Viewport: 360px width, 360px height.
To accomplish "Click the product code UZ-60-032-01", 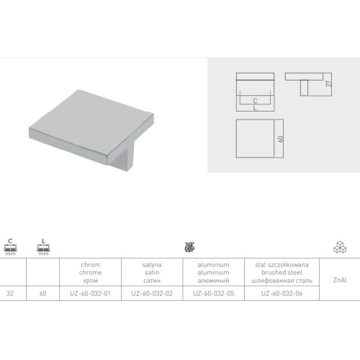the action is tap(91, 294).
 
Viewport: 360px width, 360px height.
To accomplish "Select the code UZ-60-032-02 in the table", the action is tap(152, 294).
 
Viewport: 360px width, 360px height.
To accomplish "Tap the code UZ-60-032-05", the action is tap(214, 294).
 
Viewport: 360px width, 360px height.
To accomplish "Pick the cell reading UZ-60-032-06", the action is tap(282, 294).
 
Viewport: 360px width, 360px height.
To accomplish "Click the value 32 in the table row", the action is tap(10, 294).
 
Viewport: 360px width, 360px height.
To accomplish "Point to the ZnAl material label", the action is tap(340, 280).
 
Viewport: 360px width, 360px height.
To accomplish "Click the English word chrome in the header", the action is tap(91, 273).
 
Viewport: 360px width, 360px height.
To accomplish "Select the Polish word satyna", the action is tap(152, 265).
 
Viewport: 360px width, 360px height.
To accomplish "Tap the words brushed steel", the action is tap(282, 273).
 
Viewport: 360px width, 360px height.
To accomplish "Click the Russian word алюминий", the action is tap(213, 281).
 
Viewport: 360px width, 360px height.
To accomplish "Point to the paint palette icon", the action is tap(189, 247).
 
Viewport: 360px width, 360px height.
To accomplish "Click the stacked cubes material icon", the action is tap(340, 246).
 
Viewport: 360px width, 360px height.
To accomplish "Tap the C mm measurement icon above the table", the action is tap(10, 247).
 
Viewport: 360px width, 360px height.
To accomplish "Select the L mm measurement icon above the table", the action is tap(43, 247).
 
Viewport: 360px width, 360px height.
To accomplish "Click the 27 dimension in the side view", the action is tap(330, 83).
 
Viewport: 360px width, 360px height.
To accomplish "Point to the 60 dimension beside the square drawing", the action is tap(281, 139).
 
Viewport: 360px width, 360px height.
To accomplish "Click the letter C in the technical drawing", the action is tap(255, 101).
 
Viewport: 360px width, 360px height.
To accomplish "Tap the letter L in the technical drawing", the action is tap(255, 108).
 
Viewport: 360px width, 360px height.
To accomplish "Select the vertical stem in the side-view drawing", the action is tap(304, 88).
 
